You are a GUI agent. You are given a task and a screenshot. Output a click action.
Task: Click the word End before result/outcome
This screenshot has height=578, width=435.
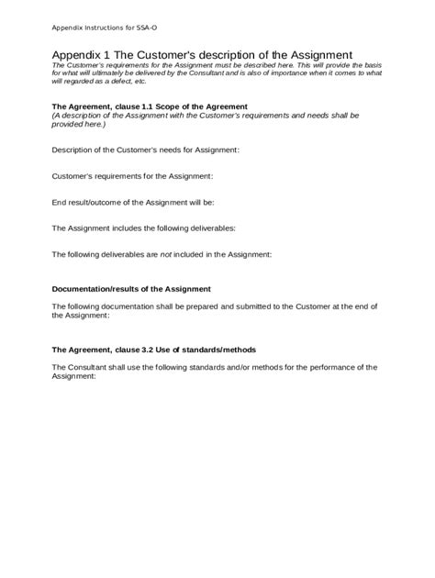coord(60,201)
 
